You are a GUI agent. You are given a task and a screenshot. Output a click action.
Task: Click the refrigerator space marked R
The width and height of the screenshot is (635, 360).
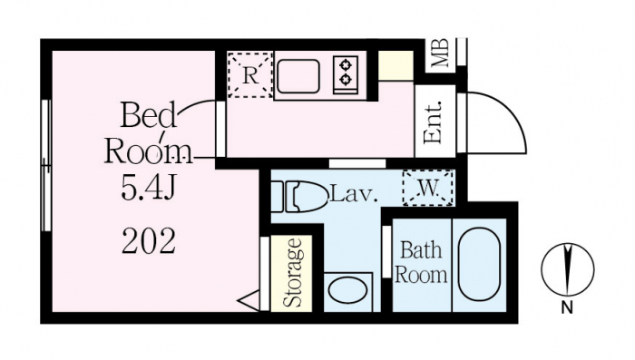coord(249,75)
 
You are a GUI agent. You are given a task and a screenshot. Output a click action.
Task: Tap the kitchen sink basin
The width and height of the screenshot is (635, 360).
coord(298,76)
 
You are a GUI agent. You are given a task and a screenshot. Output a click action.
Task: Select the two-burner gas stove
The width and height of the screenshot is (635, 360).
coord(346,75)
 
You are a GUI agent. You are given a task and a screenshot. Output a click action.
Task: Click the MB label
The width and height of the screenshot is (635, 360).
coord(440,53)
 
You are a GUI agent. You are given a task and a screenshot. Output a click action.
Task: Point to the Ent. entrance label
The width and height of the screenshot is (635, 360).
coord(432,122)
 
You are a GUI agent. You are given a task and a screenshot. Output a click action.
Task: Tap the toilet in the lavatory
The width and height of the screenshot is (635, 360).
coord(298,197)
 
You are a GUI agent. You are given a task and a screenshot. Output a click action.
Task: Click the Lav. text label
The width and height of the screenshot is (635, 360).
coord(355,195)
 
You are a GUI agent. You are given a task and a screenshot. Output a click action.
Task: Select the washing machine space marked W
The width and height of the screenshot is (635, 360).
coord(427,188)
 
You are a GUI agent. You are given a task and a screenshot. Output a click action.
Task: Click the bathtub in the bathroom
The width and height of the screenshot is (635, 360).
coord(479,265)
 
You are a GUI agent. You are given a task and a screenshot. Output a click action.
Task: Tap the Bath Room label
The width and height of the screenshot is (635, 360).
coord(421,262)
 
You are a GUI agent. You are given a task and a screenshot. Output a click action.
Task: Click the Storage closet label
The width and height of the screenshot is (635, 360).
coord(292,273)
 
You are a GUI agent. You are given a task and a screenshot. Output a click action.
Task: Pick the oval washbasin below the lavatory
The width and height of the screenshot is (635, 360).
coord(347,291)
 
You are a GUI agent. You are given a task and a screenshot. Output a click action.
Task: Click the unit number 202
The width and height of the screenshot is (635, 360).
coord(149,241)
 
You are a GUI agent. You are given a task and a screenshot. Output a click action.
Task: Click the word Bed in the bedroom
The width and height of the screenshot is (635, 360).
coord(149,115)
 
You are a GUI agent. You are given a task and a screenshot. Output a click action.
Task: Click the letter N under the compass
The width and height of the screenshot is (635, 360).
coord(567,308)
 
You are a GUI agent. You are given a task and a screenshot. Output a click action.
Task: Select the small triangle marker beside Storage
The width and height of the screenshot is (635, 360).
coord(249,301)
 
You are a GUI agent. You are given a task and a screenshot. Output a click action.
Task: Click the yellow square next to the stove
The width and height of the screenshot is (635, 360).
coord(396,65)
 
